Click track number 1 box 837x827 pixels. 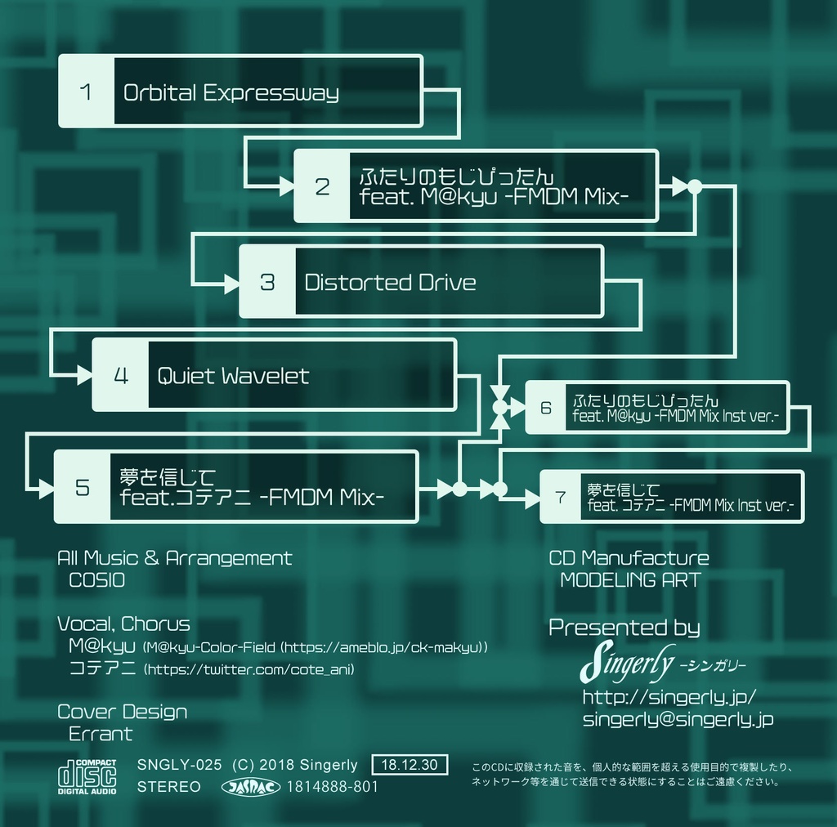pyautogui.click(x=87, y=92)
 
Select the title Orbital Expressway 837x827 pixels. pyautogui.click(x=231, y=92)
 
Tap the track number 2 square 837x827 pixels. pyautogui.click(x=322, y=186)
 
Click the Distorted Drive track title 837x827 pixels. pyautogui.click(x=390, y=283)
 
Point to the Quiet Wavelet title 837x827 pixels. pyautogui.click(x=233, y=376)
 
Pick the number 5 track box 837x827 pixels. pyautogui.click(x=83, y=487)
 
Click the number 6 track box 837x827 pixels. pyautogui.click(x=546, y=407)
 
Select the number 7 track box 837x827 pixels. pyautogui.click(x=560, y=497)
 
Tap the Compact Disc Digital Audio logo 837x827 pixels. pyautogui.click(x=87, y=777)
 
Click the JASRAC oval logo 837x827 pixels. pyautogui.click(x=251, y=787)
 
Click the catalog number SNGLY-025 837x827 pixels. pyautogui.click(x=180, y=766)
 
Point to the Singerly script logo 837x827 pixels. pyautogui.click(x=627, y=663)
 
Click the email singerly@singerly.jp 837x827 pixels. pyautogui.click(x=678, y=719)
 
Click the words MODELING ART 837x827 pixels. pyautogui.click(x=629, y=580)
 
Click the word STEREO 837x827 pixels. pyautogui.click(x=169, y=787)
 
